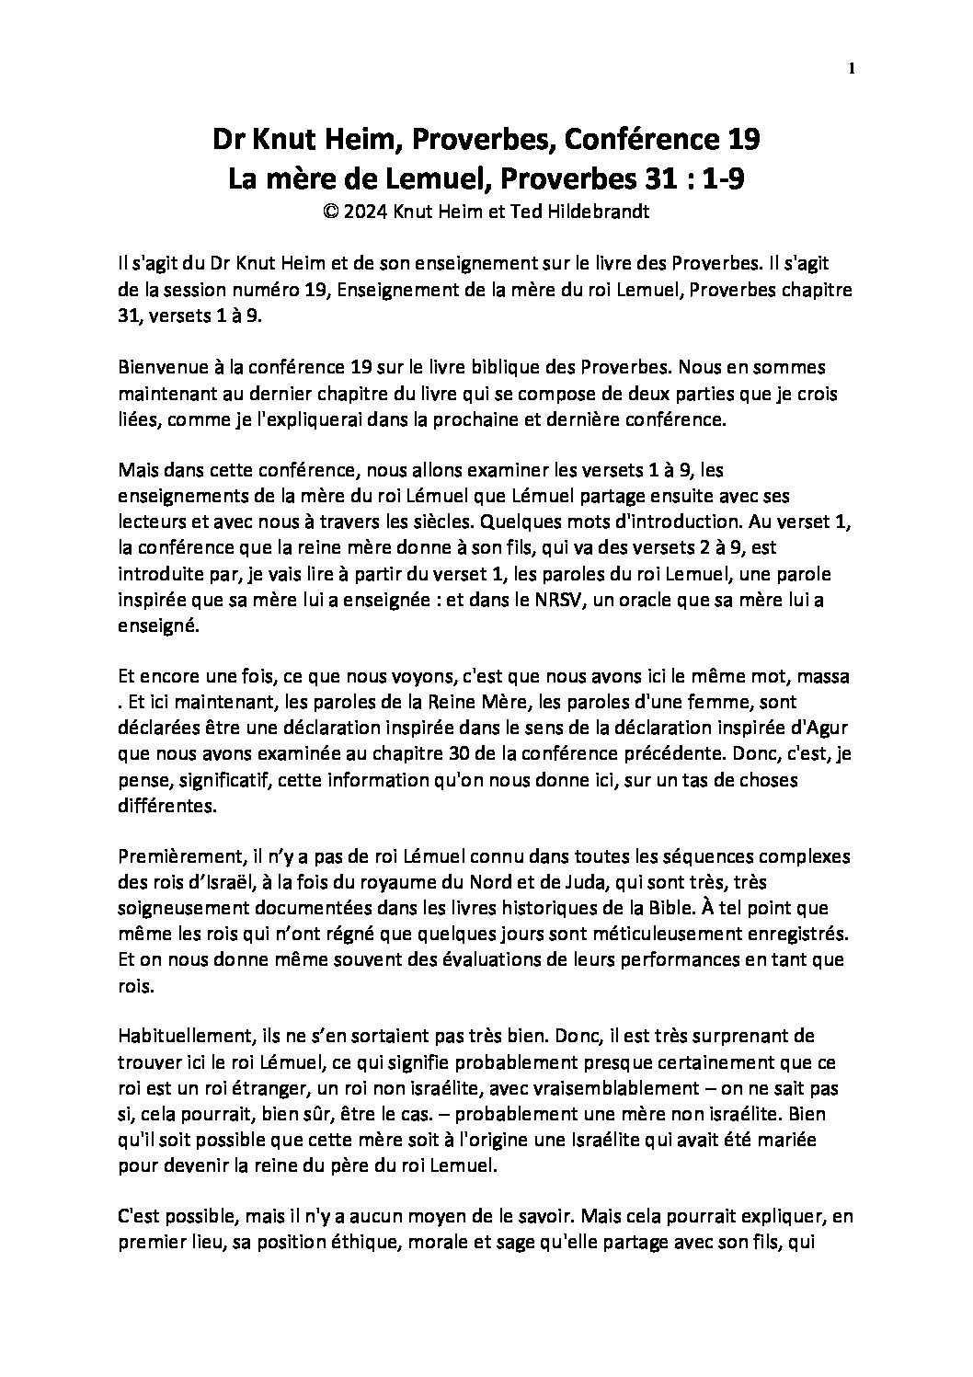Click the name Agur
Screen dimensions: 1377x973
click(831, 728)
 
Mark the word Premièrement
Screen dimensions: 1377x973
click(176, 857)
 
